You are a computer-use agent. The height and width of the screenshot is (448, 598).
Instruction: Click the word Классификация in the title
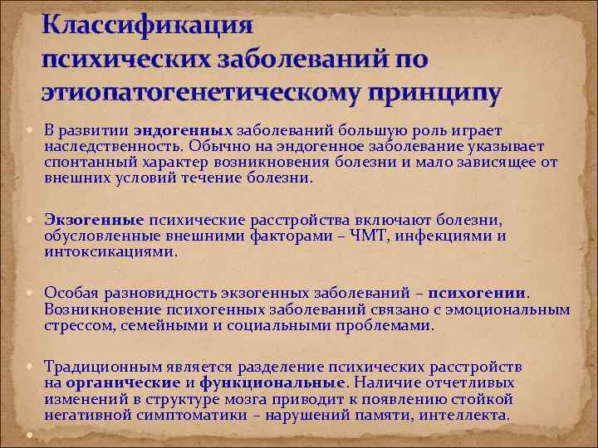[147, 23]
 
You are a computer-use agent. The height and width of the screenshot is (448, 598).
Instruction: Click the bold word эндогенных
[183, 130]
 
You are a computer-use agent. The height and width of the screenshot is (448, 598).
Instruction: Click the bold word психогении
[484, 292]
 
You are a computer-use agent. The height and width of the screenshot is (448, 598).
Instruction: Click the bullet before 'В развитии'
[32, 130]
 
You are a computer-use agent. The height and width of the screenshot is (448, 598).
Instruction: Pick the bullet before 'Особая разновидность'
[32, 292]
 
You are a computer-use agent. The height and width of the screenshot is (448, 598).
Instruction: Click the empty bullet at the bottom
[32, 435]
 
